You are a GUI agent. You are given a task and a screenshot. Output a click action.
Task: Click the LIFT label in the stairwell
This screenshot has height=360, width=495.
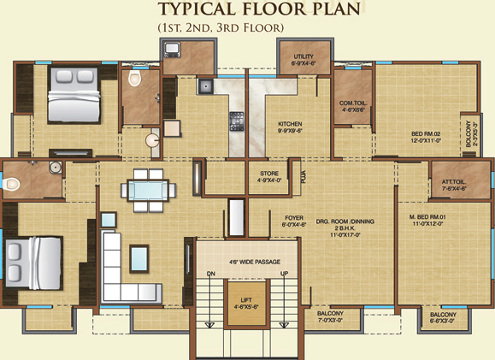[246, 300]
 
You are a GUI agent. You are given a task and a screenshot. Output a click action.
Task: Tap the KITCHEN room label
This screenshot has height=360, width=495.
[290, 124]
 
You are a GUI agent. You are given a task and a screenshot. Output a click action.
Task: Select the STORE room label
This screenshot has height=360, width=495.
[269, 173]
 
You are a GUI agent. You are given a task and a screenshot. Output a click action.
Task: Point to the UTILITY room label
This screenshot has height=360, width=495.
[304, 57]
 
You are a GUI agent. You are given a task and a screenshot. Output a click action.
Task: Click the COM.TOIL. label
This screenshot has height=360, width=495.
[353, 103]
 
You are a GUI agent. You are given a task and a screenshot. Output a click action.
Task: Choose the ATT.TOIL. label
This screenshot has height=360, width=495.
[454, 182]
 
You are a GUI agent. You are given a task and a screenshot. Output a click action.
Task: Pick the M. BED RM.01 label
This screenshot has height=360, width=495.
[427, 217]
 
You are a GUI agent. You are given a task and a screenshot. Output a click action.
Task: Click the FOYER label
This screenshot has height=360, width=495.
[294, 218]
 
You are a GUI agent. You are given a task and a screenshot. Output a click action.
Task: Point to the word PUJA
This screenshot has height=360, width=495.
[303, 177]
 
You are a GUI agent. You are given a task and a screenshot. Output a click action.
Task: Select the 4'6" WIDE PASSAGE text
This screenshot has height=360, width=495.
[255, 262]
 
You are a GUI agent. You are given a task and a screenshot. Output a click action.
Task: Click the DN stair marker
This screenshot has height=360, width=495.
[211, 274]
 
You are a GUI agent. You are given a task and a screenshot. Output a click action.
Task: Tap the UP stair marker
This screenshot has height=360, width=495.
[284, 274]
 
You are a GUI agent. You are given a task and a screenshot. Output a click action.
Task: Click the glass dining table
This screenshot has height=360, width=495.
[148, 190]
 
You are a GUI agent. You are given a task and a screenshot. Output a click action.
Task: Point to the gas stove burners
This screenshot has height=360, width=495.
[236, 121]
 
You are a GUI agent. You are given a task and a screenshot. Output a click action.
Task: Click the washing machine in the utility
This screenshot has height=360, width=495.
[172, 50]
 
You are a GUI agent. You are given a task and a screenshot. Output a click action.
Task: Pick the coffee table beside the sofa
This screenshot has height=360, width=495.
[139, 259]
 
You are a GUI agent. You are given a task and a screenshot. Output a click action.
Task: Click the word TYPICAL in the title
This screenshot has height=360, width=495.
[197, 9]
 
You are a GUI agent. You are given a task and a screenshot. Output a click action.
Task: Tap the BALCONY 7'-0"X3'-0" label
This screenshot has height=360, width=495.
[330, 317]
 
